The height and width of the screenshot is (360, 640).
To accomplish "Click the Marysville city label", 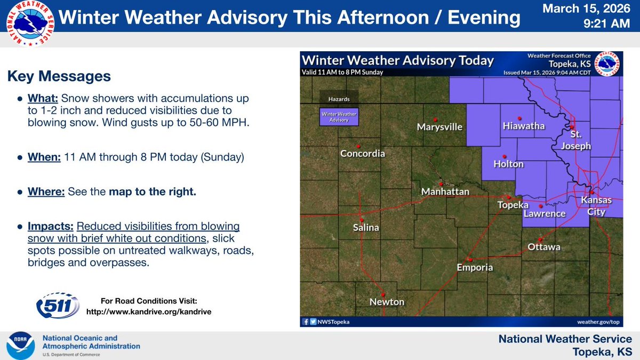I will [x=439, y=127].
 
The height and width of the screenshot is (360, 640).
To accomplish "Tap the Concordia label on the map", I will [x=363, y=154].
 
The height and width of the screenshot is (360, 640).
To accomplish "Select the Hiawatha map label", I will [x=523, y=126].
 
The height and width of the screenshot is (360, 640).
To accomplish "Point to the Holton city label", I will [x=508, y=164].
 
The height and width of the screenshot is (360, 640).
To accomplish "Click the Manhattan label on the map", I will [x=445, y=191].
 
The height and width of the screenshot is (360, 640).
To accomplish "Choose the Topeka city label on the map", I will [x=513, y=205].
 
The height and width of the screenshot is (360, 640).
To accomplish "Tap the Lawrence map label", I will [x=544, y=213].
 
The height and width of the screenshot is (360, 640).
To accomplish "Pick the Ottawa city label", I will [x=544, y=247].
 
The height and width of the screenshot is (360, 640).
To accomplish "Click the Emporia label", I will [x=475, y=268].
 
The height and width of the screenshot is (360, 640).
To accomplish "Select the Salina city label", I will [x=366, y=228].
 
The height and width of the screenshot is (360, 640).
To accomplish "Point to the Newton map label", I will [x=387, y=302].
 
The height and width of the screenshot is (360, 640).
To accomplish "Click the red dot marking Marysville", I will [x=435, y=119].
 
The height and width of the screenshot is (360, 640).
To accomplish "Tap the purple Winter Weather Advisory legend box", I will [x=338, y=117].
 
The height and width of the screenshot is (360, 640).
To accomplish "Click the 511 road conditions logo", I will [x=58, y=306].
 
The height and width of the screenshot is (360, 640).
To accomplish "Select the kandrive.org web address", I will [x=149, y=311].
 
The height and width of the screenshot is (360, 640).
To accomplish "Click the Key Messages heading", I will [x=59, y=77].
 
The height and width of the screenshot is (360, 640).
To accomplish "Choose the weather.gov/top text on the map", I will [x=599, y=322].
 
